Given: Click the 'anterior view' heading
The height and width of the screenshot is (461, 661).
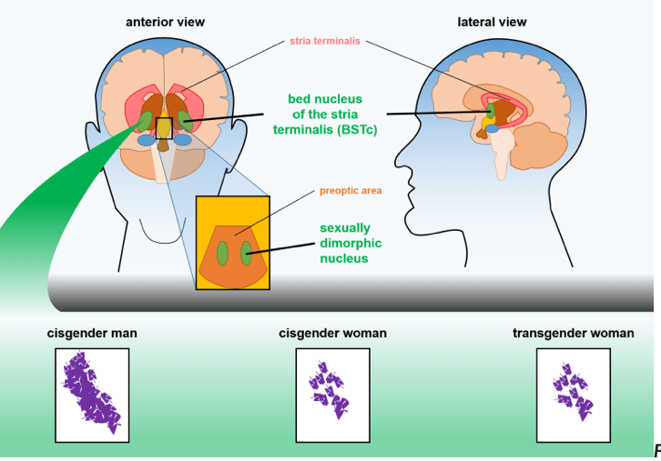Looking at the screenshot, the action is pos(166,22).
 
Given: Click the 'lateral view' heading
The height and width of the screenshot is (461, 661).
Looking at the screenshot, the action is pos(492,22).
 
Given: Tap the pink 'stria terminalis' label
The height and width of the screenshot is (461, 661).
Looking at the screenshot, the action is pos(325,41).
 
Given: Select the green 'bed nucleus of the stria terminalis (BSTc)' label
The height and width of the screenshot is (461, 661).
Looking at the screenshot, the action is pos(325,114).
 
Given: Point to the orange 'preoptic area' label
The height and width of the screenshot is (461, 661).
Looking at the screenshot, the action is pos(351,191).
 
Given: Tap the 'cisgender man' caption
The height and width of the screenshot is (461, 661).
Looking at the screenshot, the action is pos(92,333).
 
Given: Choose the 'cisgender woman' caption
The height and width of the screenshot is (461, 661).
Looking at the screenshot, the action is pos(332,333).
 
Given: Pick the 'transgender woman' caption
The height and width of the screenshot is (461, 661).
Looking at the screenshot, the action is pos(574,333).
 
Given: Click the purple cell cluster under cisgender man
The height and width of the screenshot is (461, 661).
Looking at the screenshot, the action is pos(91,393).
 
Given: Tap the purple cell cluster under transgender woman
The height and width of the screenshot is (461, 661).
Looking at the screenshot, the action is pos(574,391).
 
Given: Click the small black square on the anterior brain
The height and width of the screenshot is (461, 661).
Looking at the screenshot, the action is pos(164,128).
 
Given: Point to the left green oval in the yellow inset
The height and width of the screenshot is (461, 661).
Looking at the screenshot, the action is pos(222,254).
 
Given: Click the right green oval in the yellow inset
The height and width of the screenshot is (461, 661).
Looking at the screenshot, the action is pos(246,254).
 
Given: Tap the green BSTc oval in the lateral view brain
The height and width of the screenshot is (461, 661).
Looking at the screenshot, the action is pos(491,111).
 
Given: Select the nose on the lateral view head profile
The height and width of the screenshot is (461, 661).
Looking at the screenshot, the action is pos(401,161).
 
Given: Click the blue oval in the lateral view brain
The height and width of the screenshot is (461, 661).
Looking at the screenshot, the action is pos(492,128).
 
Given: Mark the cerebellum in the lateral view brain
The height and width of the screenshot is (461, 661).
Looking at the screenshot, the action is pos(541,145).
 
